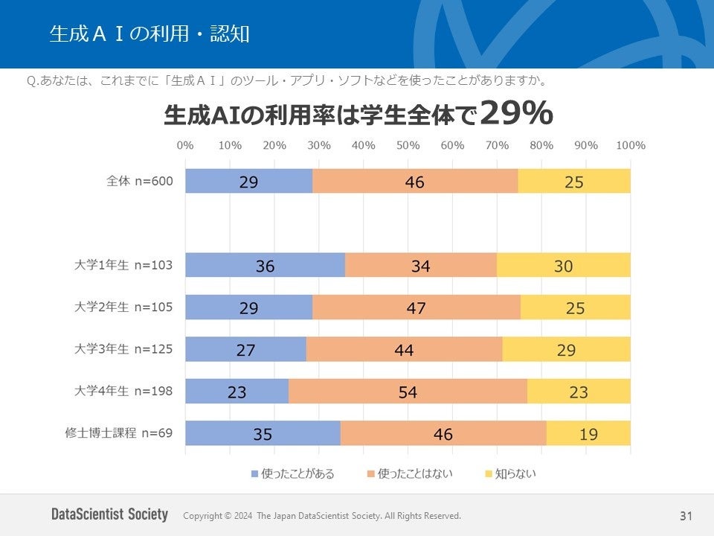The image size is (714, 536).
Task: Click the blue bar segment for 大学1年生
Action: coord(265,265)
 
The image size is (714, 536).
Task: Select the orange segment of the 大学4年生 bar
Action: coord(408,391)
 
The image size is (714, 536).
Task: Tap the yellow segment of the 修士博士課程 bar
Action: coord(588,433)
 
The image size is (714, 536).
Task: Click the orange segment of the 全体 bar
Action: coord(415,181)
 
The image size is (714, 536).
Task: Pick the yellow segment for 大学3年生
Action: coord(566,349)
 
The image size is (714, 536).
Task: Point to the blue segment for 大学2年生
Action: coord(248,307)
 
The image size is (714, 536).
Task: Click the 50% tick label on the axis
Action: coord(408,145)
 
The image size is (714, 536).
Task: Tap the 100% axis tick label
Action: coord(630,145)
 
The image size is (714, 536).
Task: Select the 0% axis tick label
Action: coord(185,145)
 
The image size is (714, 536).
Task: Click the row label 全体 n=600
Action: coord(141,181)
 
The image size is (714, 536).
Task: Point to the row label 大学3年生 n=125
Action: coord(124,349)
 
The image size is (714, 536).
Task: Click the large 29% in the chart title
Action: coord(516,114)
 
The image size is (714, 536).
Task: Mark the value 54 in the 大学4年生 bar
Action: coord(408,391)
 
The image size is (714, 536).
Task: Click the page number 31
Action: coord(686,516)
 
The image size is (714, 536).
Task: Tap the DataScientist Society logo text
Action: coord(110,514)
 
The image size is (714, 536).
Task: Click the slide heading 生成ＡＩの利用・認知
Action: coord(149,33)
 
